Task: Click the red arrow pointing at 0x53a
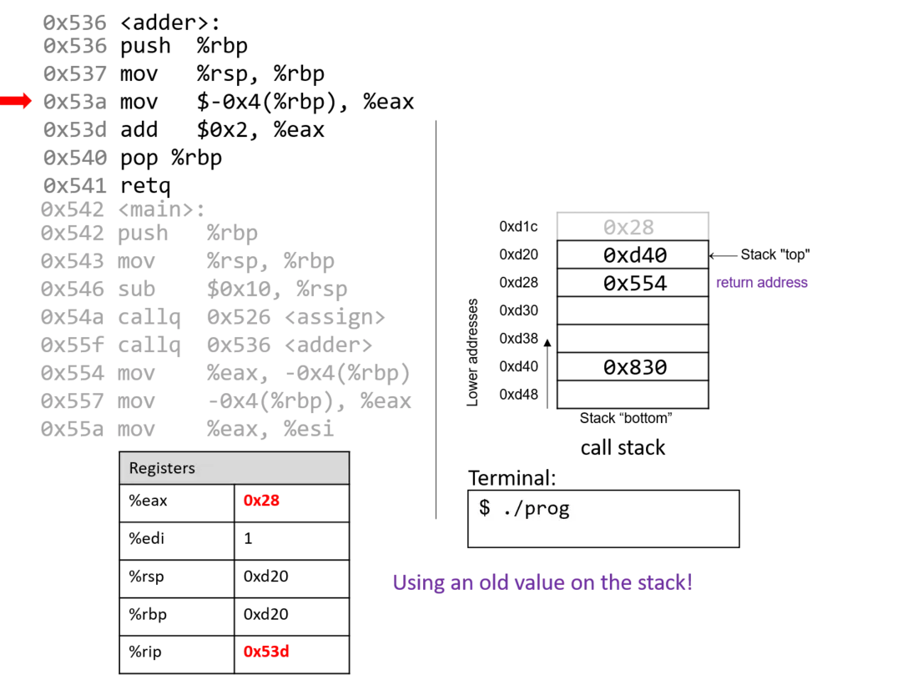tap(16, 101)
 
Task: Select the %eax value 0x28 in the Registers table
tap(261, 501)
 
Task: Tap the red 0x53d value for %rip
tap(266, 652)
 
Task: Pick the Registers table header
tap(235, 468)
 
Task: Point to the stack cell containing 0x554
tap(633, 283)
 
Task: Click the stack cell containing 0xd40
tap(633, 254)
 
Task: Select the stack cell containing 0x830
tap(633, 367)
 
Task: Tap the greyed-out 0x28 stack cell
tap(633, 227)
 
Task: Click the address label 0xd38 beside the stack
tap(518, 339)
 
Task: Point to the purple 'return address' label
tap(762, 283)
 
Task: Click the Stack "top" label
tap(775, 254)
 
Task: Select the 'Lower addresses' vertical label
tap(472, 352)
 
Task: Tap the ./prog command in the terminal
tap(536, 508)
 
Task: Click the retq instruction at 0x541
tap(145, 185)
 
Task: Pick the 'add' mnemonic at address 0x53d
tap(139, 129)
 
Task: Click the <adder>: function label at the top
tap(169, 23)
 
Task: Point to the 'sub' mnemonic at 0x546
tap(136, 289)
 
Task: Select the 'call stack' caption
tap(623, 448)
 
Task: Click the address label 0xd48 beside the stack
tap(518, 395)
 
